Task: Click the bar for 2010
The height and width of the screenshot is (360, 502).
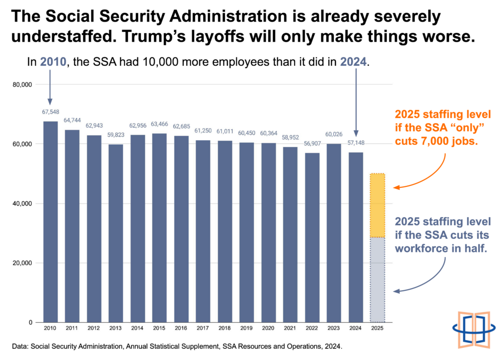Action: coord(50,222)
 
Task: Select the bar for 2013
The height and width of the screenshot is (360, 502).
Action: coord(116,233)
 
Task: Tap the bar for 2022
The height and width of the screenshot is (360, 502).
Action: coord(312,238)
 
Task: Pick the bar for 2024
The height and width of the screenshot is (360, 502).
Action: coord(356,237)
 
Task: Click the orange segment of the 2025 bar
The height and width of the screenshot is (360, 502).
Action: coord(377,206)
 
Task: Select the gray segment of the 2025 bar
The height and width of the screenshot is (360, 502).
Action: coord(377,280)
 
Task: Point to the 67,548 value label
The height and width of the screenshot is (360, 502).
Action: coord(50,112)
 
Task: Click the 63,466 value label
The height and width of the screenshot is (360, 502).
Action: coord(159,124)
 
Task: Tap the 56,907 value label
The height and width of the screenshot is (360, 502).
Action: coord(312,144)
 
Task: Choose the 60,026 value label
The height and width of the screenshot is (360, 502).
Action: coord(334,134)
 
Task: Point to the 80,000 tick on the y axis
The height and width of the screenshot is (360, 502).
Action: coord(23,84)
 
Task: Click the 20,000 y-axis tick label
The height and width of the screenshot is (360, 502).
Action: coord(23,263)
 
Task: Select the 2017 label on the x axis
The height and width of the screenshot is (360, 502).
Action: coord(202,328)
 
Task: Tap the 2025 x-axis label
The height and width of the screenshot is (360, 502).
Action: coord(377,328)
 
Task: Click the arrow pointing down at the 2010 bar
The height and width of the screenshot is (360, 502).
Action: coord(50,87)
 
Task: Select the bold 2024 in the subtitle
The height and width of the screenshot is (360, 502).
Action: coord(353,61)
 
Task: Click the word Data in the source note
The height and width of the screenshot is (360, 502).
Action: coord(20,346)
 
